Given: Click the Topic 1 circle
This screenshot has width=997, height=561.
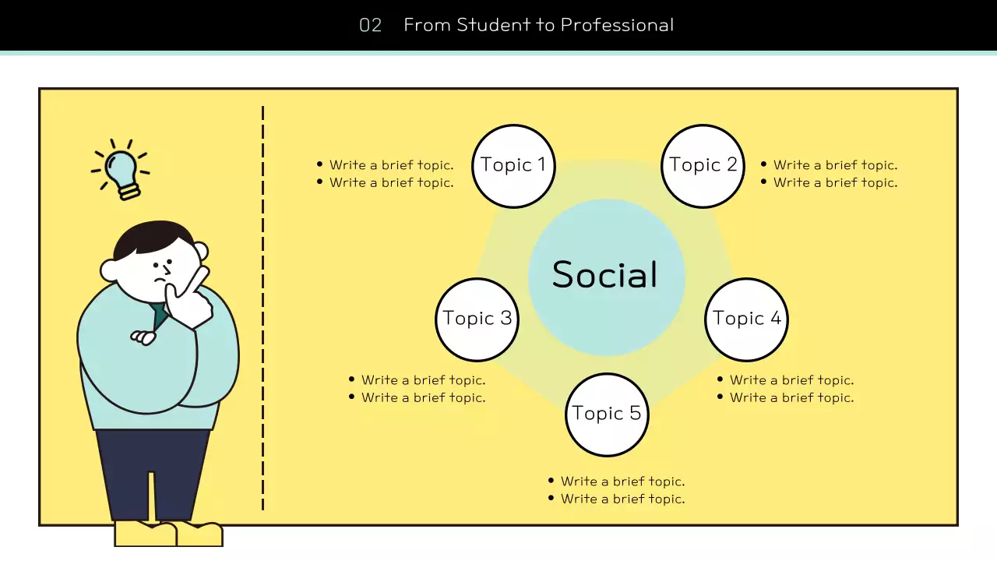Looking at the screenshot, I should coord(514,166).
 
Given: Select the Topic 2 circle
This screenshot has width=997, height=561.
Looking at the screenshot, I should coord(703,166).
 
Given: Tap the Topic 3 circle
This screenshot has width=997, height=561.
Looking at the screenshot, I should coord(477,319).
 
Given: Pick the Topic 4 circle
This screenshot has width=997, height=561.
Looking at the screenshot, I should coord(746,319).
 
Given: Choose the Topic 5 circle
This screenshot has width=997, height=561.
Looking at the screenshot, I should coord(607,415).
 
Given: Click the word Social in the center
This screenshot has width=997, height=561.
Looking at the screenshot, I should coord(605,275).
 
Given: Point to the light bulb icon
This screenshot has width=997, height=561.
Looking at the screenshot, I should coord(122,171).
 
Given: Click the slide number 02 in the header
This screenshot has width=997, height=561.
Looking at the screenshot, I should coord(371,25).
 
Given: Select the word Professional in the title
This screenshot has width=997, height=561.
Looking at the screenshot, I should coord(617,25).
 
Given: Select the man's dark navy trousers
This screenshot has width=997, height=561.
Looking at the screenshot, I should coord(152,471).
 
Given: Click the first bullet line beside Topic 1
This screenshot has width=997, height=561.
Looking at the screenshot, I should coord(391,165).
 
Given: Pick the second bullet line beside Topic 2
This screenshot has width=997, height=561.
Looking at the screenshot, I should coord(835,182).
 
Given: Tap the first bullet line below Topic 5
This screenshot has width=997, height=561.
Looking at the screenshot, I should coord(622,482).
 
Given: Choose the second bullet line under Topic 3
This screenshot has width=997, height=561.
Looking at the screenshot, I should coord(423,397).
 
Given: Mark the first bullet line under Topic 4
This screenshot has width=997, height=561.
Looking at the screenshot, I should coord(791,380).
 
